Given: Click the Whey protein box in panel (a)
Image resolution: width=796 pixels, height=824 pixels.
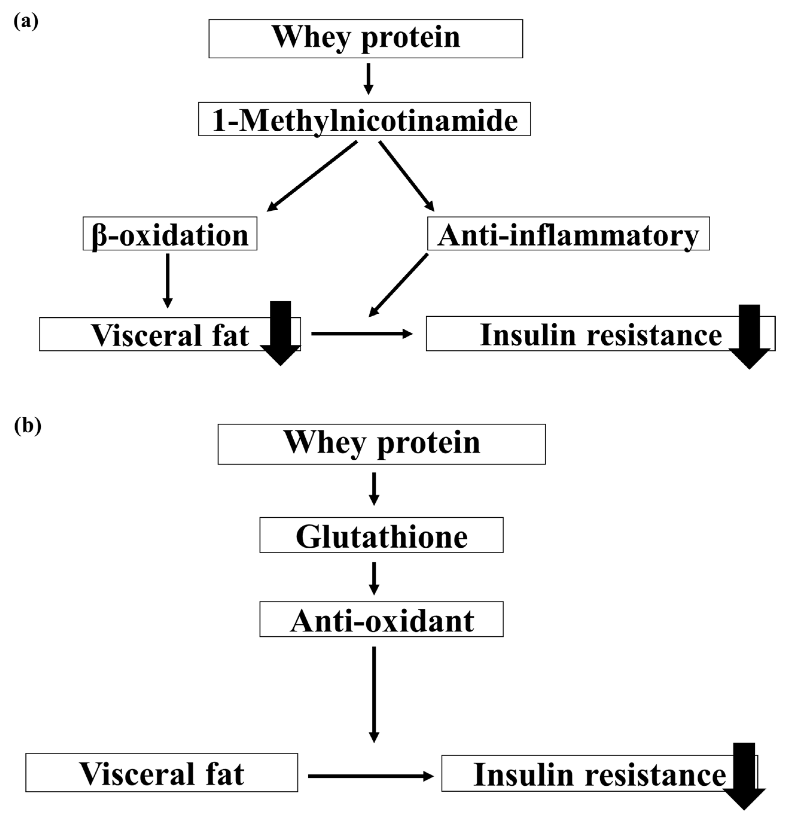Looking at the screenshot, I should (366, 38).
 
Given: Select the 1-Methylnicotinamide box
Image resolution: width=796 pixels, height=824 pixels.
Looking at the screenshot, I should (365, 119).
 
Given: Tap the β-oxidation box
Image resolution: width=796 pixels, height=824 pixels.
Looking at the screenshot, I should (170, 234).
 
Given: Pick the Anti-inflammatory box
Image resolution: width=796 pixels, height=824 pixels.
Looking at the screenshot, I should (568, 234).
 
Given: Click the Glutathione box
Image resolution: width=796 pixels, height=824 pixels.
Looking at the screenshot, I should (381, 535).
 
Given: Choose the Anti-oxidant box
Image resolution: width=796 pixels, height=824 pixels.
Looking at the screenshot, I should (381, 620).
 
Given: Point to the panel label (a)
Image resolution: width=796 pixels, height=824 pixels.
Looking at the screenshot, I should (26, 21).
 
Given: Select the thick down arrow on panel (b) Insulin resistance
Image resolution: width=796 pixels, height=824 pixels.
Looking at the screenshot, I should (744, 776).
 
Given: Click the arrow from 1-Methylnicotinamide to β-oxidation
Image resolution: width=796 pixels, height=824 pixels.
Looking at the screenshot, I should (312, 176).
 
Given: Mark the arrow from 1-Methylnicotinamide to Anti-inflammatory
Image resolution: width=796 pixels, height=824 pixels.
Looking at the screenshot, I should (406, 176).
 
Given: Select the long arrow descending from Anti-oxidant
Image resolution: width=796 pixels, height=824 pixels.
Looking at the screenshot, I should (373, 694).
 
